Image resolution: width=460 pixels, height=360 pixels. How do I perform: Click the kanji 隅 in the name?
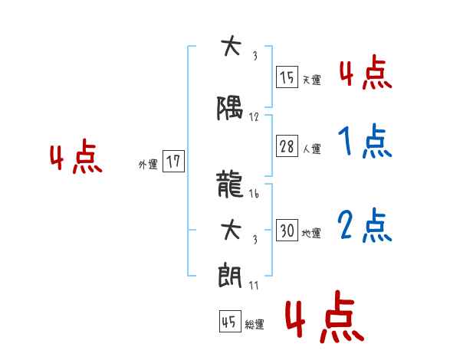tap(229, 111)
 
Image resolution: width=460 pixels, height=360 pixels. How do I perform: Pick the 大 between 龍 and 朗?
tap(229, 229)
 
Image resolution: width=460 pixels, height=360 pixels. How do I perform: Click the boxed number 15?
tap(287, 77)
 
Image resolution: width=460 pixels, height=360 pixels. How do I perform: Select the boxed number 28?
tap(287, 147)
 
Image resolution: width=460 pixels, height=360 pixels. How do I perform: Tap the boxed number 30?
tap(287, 231)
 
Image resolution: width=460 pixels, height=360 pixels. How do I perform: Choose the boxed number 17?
tap(174, 162)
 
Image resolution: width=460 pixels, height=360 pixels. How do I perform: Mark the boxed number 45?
tap(229, 322)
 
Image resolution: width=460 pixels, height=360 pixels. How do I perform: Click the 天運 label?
tap(311, 80)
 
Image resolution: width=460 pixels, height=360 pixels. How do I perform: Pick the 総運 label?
tap(255, 325)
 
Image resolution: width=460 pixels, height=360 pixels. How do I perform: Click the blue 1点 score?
tap(364, 142)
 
